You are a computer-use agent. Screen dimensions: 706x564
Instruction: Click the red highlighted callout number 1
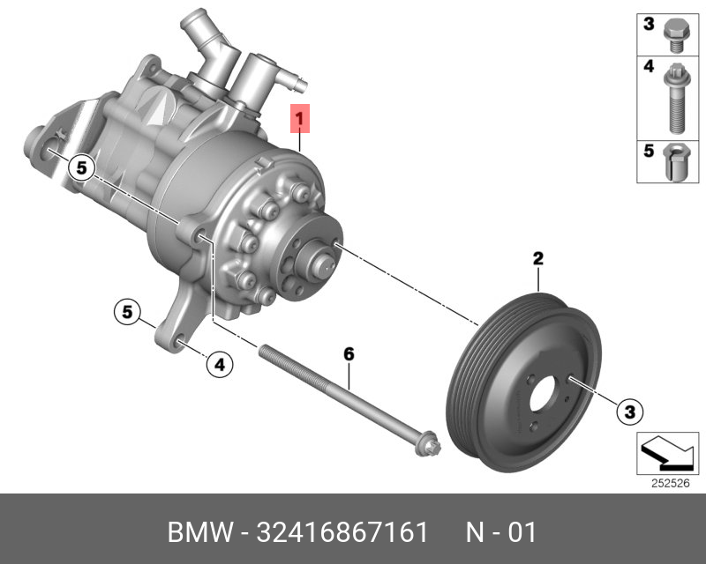point(300,119)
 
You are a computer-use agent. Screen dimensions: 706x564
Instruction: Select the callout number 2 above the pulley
point(538,258)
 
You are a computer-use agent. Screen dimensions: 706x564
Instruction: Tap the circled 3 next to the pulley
point(629,411)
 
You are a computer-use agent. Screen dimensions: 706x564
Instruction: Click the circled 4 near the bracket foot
point(220,364)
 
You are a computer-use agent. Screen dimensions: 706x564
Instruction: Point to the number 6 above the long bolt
point(349,354)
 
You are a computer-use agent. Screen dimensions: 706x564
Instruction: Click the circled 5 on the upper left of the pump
point(81,168)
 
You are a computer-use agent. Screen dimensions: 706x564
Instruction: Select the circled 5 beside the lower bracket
point(127,312)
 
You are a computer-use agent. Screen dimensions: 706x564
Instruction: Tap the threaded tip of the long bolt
point(263,349)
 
